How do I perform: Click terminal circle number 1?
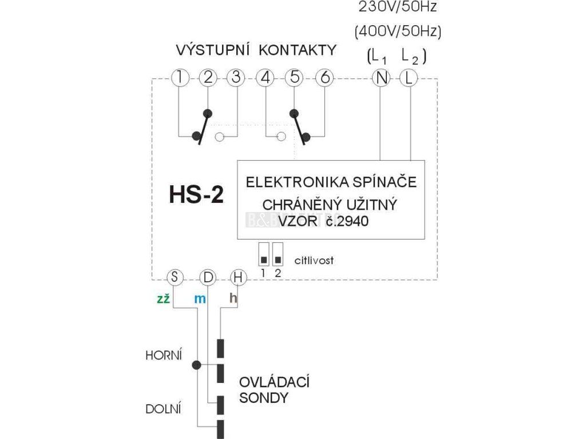coord(180,78)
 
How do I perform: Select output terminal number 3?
coord(235,78)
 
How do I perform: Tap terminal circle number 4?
coord(265,78)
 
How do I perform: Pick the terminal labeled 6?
coord(324,78)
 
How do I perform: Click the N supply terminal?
coord(381,78)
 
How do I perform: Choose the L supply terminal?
coord(407,78)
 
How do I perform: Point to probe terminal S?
coord(175,278)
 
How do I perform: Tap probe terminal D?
coord(207,278)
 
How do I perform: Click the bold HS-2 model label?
coord(196,195)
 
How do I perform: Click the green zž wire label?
coord(163,298)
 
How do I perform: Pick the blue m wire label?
coord(199,298)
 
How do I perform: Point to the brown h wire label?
coord(233,298)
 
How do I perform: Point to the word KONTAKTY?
coord(298,50)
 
